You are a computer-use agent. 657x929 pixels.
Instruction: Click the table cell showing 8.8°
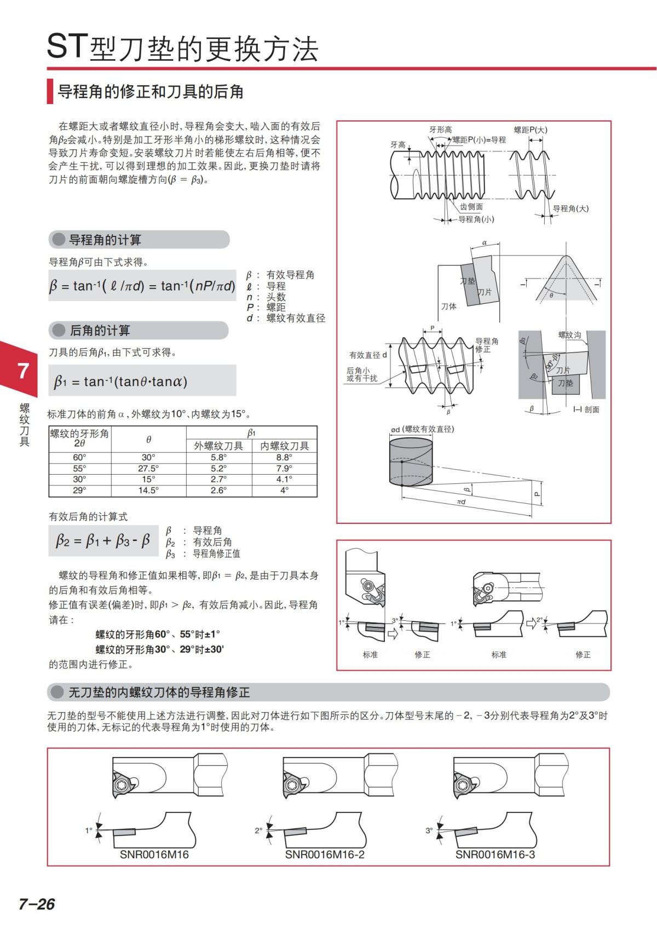(x=284, y=457)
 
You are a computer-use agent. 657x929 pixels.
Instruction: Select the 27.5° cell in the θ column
(x=148, y=469)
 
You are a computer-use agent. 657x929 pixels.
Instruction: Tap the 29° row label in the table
(x=79, y=491)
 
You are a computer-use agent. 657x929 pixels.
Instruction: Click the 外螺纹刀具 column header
(x=218, y=446)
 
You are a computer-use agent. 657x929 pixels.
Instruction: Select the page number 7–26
(x=37, y=903)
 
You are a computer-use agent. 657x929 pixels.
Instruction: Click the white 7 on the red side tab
(x=23, y=371)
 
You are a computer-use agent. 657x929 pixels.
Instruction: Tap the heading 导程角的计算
(x=105, y=240)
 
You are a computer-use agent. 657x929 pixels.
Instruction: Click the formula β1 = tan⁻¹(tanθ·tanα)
(x=120, y=381)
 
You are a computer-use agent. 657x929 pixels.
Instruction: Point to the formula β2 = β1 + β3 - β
(x=103, y=541)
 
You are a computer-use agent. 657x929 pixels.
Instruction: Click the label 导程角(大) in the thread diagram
(x=570, y=209)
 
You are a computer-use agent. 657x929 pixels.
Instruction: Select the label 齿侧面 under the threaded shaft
(x=471, y=207)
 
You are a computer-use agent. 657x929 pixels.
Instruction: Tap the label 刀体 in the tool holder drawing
(x=448, y=307)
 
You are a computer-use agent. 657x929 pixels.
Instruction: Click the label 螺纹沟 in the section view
(x=569, y=335)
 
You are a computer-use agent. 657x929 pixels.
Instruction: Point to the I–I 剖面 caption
(x=586, y=409)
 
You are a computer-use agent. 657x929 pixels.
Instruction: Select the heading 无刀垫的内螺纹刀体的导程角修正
(x=159, y=693)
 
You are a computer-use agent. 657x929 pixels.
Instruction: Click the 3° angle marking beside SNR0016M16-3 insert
(x=429, y=830)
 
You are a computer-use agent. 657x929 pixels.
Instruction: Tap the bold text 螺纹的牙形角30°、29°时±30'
(x=160, y=649)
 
